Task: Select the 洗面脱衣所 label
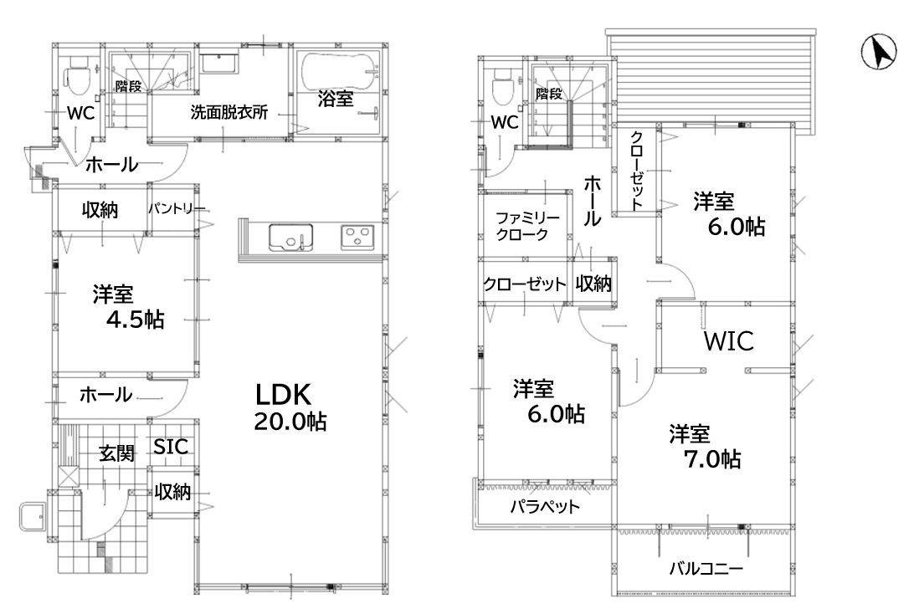228,113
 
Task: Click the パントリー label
177,208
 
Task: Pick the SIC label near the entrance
171,447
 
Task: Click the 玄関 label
117,453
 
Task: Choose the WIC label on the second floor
728,340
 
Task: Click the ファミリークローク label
521,226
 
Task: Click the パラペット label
545,507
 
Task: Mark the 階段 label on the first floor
128,86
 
